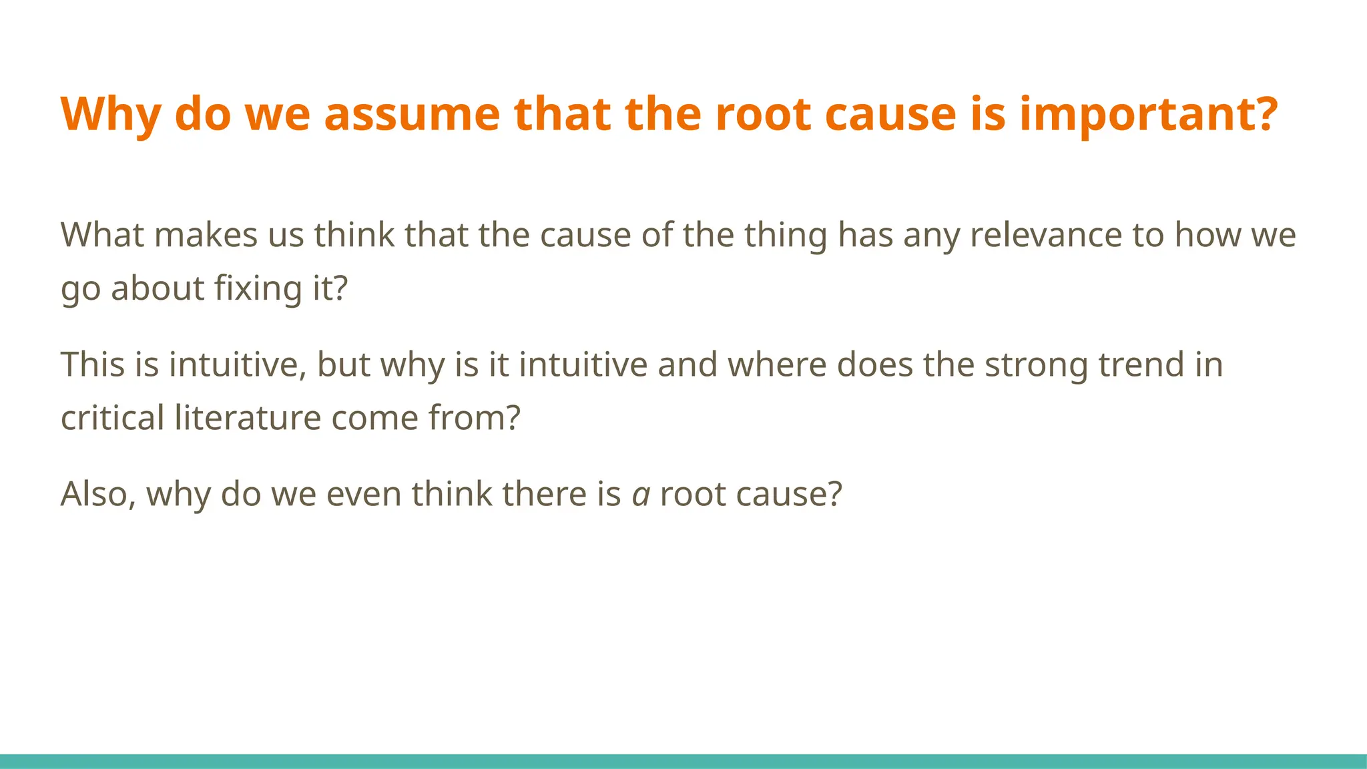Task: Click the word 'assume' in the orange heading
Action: pyautogui.click(x=411, y=113)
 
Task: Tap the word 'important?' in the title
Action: pyautogui.click(x=1148, y=113)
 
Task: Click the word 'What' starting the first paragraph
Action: pyautogui.click(x=102, y=235)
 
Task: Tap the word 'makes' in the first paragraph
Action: pyautogui.click(x=206, y=235)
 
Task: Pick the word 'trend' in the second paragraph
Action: pyautogui.click(x=1141, y=364)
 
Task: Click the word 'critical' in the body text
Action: pyautogui.click(x=112, y=418)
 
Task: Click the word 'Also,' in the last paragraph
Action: pyautogui.click(x=98, y=494)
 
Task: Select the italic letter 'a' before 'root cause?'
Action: pyautogui.click(x=641, y=495)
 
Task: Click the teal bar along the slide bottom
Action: pyautogui.click(x=683, y=761)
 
